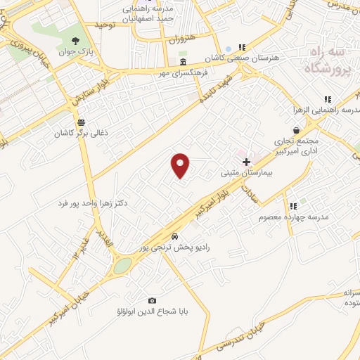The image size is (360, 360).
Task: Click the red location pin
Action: click(181, 165)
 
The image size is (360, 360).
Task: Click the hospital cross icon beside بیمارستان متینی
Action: click(246, 162)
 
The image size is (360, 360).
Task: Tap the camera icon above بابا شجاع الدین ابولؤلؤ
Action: click(153, 300)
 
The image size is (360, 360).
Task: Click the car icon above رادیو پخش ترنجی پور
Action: click(174, 236)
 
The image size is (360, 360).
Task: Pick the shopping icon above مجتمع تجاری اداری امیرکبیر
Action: click(297, 130)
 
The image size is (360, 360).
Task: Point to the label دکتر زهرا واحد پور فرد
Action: click(93, 203)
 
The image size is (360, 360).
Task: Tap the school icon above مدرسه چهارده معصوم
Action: click(293, 206)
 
